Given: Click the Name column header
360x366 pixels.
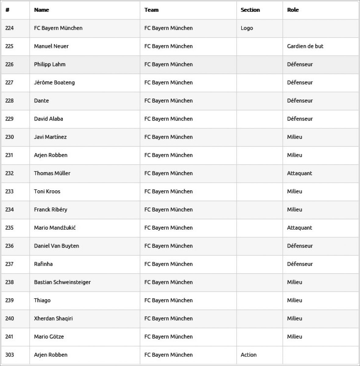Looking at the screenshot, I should click(x=41, y=10).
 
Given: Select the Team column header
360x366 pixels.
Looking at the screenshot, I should click(x=151, y=10).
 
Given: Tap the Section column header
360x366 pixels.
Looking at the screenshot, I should click(x=250, y=10).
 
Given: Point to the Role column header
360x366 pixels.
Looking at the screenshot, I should click(x=293, y=10).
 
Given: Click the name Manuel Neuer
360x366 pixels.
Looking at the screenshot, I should click(x=51, y=46).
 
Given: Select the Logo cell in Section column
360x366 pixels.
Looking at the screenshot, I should click(x=247, y=28).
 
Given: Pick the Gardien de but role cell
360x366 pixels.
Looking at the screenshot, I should click(x=305, y=46).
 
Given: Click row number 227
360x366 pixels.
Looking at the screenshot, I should click(x=9, y=82).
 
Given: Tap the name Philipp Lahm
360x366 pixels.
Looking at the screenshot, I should click(x=50, y=64).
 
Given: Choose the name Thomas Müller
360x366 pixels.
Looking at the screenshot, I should click(x=52, y=173).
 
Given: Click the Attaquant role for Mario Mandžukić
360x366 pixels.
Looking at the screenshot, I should click(x=299, y=228).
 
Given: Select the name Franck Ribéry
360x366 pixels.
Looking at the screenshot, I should click(x=51, y=210).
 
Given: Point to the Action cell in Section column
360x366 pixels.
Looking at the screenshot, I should click(x=248, y=355).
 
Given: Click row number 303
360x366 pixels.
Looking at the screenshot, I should click(x=9, y=355).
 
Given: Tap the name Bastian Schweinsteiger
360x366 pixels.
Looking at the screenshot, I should click(x=62, y=282).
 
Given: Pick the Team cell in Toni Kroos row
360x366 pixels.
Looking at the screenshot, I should click(x=168, y=191).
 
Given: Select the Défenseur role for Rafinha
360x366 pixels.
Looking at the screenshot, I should click(x=300, y=264).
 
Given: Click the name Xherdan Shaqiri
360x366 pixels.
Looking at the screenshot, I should click(x=53, y=318).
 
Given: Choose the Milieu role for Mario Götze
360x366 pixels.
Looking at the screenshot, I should click(x=294, y=336).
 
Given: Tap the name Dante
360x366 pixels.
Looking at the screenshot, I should click(x=41, y=101).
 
